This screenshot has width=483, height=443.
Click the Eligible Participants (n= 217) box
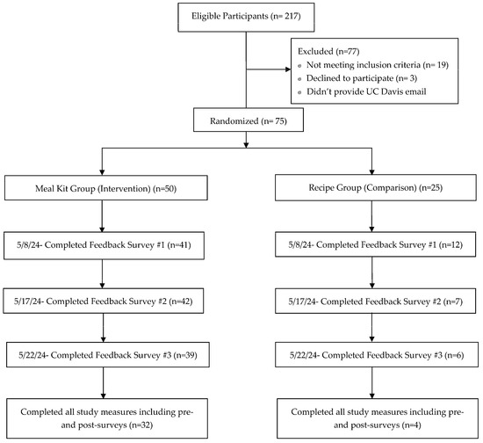246,18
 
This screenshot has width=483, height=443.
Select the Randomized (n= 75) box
249,120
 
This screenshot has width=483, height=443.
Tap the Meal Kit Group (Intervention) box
106,188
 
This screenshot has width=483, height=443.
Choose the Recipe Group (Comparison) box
376,187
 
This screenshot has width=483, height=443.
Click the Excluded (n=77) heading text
328,51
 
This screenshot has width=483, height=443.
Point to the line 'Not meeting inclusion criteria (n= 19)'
378,65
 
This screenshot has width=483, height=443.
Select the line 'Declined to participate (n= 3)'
362,78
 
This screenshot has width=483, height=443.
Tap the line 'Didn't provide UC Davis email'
366,91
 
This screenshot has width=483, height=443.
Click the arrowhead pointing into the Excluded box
288,69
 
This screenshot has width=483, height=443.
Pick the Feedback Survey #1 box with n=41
104,245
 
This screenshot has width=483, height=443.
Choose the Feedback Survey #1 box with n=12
375,244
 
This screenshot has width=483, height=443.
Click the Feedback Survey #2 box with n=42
104,301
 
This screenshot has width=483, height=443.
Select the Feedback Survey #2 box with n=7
375,301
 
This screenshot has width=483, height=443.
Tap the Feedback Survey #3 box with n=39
108,354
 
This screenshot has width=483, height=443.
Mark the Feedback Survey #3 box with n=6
377,354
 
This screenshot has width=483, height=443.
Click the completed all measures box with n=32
107,418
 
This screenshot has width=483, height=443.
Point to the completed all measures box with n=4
378,418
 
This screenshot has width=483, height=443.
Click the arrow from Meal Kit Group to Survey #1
102,216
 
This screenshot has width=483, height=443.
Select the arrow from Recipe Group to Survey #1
371,216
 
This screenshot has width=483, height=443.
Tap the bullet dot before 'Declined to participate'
299,79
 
